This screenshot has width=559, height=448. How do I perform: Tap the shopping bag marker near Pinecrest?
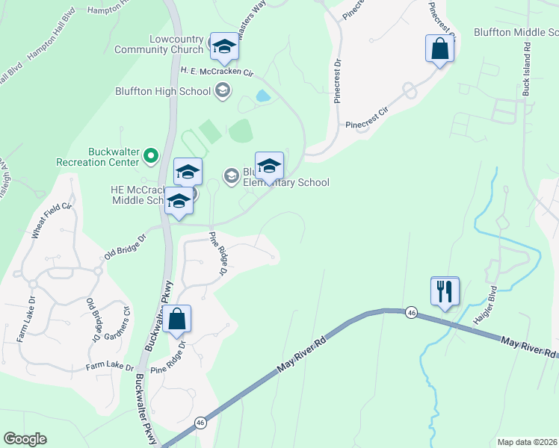[440, 49]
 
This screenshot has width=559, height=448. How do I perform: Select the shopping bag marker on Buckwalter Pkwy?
[178, 320]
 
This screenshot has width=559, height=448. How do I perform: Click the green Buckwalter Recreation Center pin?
[151, 156]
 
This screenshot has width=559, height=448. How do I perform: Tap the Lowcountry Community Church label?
[158, 44]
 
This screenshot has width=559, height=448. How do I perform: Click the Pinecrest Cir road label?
[367, 117]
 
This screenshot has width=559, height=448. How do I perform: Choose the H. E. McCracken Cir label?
[217, 71]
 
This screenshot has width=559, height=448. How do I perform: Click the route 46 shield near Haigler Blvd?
[411, 312]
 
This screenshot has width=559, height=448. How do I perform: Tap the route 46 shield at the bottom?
[200, 423]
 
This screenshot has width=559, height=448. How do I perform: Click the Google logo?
[25, 439]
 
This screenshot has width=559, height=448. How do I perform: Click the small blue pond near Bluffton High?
[262, 96]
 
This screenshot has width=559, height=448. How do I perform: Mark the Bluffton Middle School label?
[516, 32]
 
